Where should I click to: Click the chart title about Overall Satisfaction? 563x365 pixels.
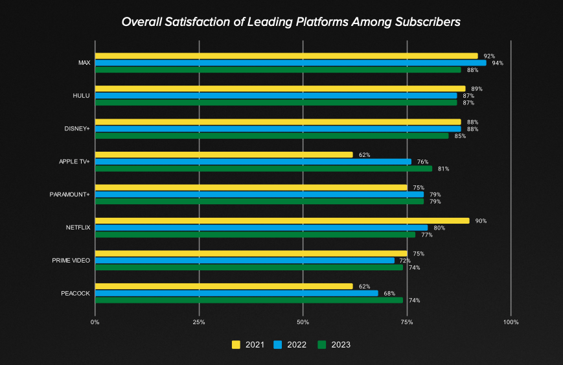point(291,22)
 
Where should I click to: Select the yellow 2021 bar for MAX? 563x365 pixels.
point(286,56)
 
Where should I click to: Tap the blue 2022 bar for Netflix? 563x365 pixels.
point(261,228)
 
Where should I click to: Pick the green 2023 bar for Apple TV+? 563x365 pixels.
point(263,169)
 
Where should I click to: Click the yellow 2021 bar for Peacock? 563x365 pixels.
point(224,287)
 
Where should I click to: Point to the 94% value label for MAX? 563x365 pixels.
point(498,63)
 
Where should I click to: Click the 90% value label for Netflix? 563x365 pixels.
point(481,221)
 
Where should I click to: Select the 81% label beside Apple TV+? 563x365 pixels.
point(443,169)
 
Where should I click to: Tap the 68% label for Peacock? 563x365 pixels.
point(389,293)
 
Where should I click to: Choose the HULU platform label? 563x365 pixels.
point(81,96)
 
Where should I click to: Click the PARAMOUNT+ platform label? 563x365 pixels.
point(70,194)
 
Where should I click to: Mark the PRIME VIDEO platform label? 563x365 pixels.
point(71,261)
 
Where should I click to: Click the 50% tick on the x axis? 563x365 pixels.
point(303,322)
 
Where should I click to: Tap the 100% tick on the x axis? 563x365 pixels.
point(511,322)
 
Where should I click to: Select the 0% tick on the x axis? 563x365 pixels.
point(95,322)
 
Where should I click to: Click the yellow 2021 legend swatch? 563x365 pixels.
point(236,344)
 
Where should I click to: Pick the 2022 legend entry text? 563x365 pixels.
point(296,345)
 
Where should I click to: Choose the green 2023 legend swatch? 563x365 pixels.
point(321,344)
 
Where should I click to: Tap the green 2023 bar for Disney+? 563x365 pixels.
point(271,135)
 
